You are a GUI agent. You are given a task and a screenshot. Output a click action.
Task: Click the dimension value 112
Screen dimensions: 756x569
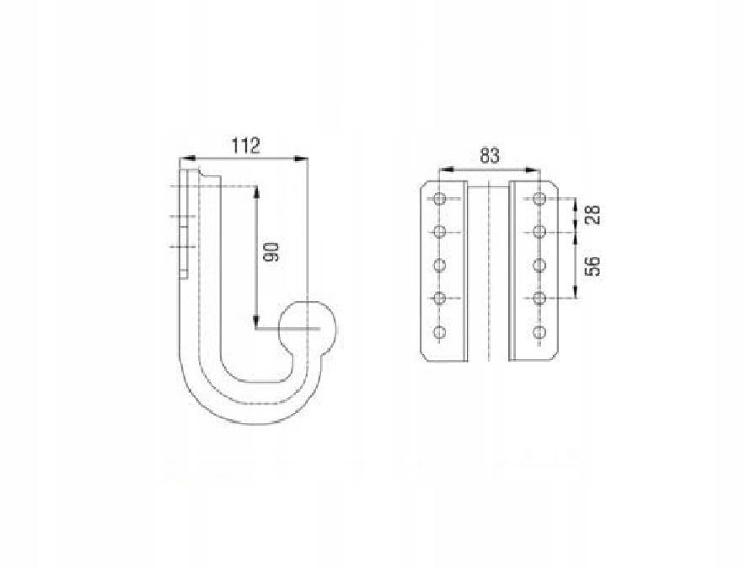[x=245, y=145]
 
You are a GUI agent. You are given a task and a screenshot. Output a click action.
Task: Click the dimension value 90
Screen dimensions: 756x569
[x=272, y=252]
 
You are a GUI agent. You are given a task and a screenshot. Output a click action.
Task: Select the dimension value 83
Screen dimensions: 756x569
[x=490, y=156]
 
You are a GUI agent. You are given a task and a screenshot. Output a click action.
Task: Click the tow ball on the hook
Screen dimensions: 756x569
[x=308, y=329]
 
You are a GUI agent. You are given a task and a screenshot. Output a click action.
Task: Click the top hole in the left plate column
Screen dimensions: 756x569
[x=439, y=199]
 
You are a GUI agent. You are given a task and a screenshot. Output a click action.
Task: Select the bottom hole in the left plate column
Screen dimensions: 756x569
[x=439, y=332]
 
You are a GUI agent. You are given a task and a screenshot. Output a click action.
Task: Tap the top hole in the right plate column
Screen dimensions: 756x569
[x=539, y=199]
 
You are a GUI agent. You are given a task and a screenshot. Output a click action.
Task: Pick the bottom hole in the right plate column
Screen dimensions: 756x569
[x=539, y=332]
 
